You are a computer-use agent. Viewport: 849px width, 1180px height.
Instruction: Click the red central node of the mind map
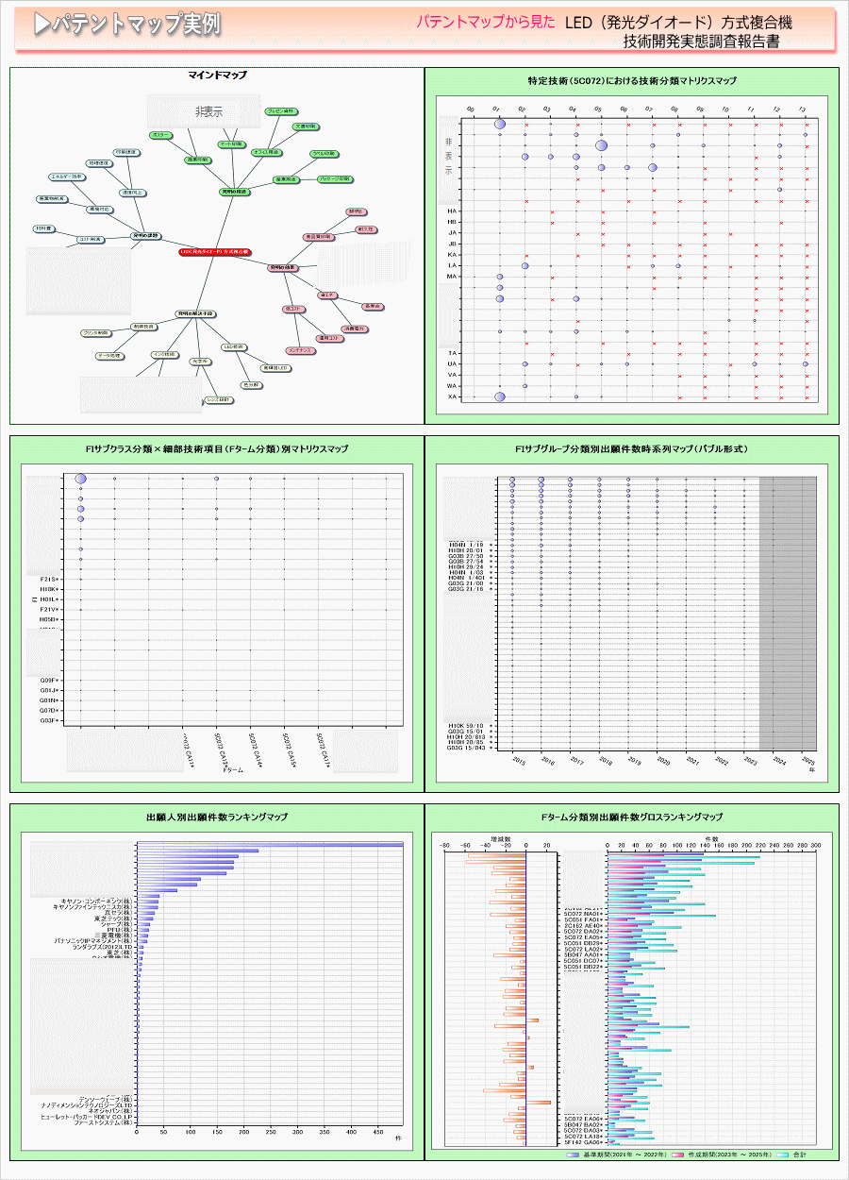pos(215,253)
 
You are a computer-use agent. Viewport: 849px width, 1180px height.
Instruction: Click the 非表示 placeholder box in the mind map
pos(204,111)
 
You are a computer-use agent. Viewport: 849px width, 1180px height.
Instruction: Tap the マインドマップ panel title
pos(217,75)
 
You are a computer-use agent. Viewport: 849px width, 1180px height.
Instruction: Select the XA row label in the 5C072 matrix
pos(453,396)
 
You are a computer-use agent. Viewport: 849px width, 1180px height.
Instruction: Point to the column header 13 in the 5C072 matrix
pos(802,110)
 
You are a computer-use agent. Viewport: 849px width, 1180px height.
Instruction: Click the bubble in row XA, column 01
pos(500,396)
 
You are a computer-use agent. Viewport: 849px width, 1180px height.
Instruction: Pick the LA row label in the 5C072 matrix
pos(453,266)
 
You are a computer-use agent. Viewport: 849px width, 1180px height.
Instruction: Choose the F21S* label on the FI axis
pos(51,579)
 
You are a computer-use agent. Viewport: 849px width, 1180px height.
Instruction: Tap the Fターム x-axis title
pos(233,771)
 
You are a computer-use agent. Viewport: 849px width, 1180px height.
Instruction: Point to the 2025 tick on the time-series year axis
pos(807,762)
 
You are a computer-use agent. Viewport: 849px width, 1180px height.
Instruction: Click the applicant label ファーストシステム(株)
pos(105,1122)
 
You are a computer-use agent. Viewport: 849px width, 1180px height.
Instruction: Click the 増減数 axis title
pos(501,838)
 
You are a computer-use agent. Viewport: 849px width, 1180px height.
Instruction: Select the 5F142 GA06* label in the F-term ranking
pos(582,1142)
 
